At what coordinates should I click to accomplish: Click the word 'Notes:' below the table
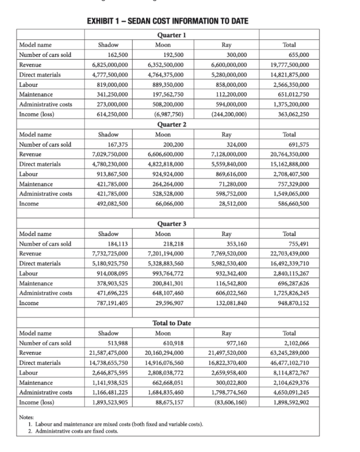point(26,417)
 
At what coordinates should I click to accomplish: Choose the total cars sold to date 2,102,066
point(296,343)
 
